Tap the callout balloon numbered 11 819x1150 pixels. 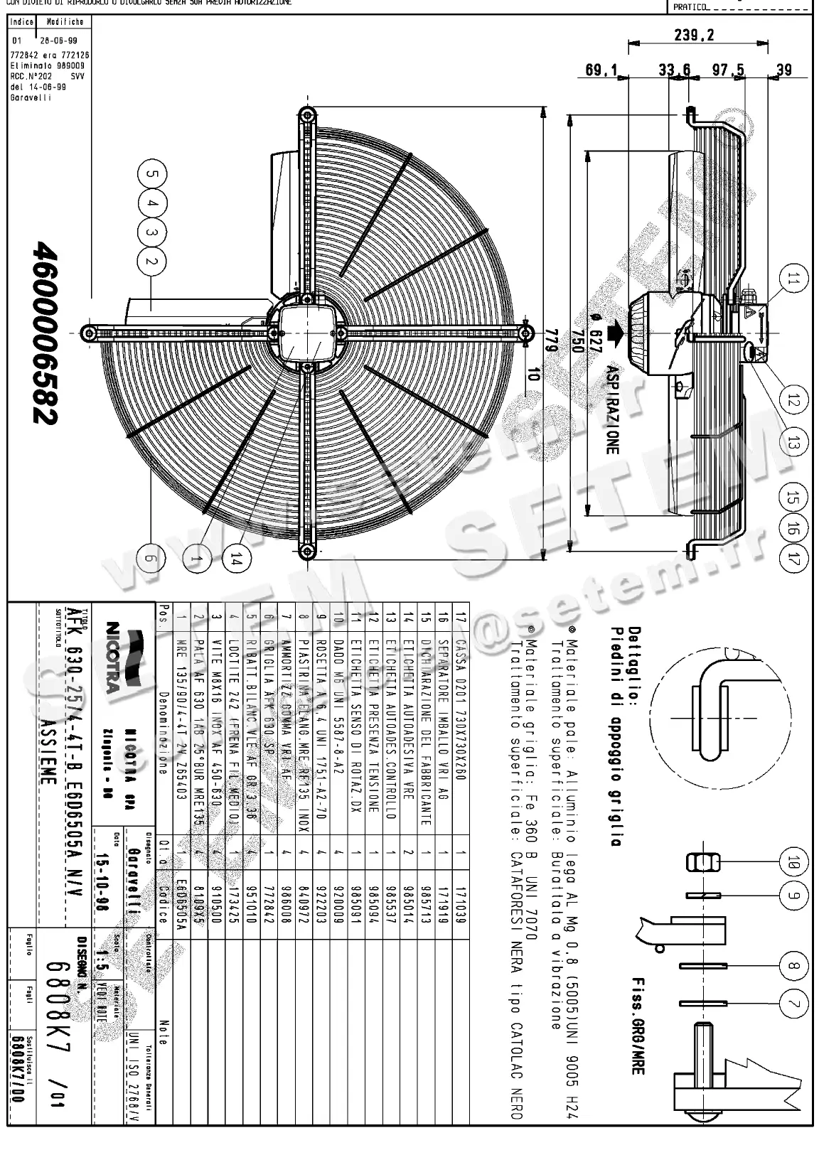pyautogui.click(x=793, y=279)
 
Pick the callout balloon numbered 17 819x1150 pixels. pyautogui.click(x=793, y=558)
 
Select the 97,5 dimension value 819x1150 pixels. pyautogui.click(x=728, y=70)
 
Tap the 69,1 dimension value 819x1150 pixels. pyautogui.click(x=601, y=70)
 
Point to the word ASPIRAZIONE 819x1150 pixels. pyautogui.click(x=612, y=410)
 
